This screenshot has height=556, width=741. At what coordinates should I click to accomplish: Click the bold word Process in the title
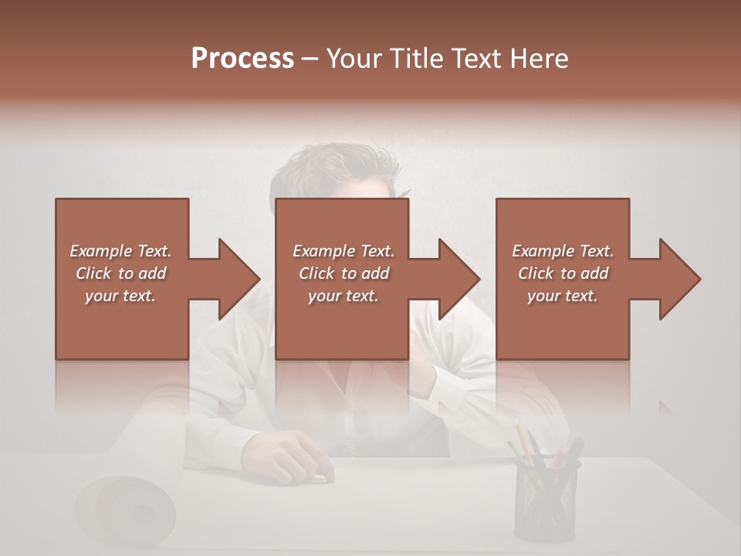point(242,58)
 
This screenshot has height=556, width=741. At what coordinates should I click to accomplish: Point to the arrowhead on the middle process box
point(458,279)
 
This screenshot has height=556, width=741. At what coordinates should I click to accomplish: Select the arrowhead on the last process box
point(678,279)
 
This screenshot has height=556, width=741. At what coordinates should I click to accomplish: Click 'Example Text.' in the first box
point(120,251)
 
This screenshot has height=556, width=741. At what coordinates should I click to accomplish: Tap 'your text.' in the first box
point(120,296)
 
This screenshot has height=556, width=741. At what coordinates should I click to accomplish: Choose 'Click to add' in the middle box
point(343,273)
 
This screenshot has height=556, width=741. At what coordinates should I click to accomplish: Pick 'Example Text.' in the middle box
point(343,251)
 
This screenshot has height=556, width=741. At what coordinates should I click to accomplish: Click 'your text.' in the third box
point(563,296)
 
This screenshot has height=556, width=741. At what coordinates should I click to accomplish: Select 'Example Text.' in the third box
point(563,251)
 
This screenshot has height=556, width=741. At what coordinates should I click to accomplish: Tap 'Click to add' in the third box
point(563,273)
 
